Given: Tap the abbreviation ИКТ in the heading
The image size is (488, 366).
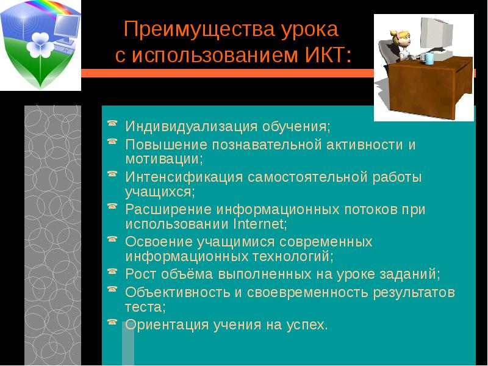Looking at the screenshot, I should [324, 56].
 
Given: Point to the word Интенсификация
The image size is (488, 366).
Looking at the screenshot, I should [184, 178].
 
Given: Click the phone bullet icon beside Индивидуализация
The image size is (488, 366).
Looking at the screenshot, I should [112, 125].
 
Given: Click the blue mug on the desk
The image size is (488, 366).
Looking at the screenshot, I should [429, 58].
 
